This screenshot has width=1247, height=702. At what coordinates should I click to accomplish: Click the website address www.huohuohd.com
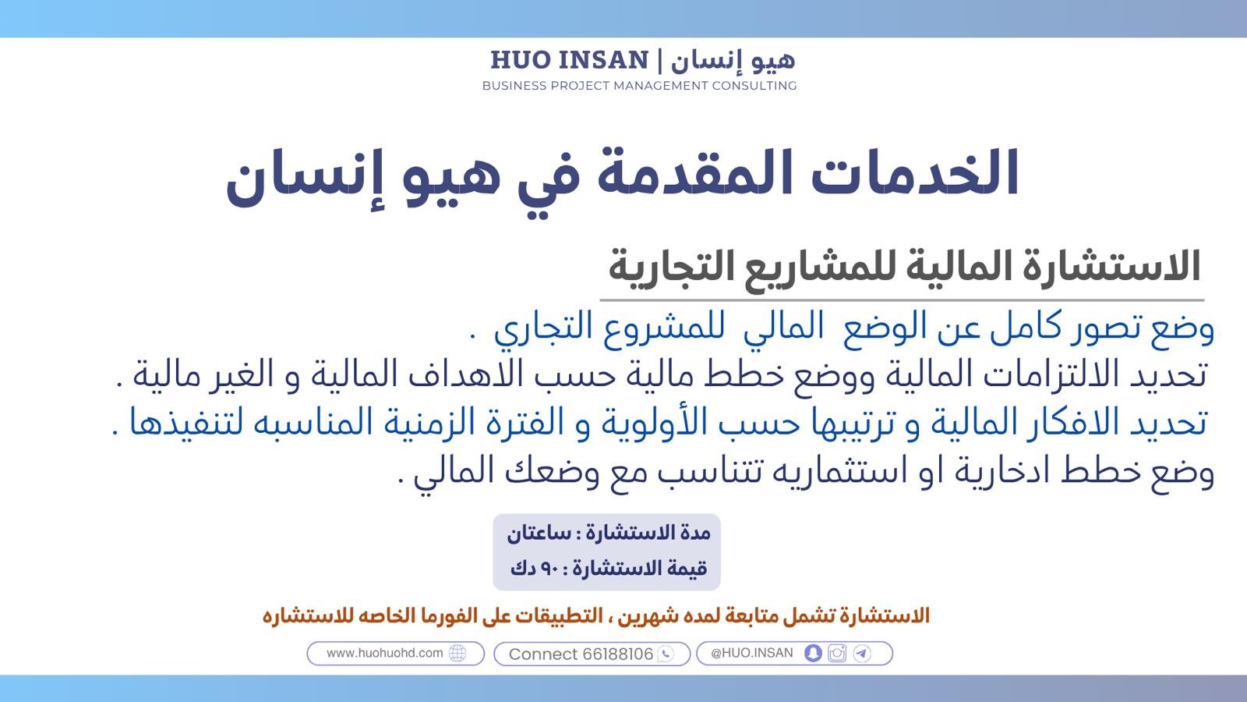coord(385,653)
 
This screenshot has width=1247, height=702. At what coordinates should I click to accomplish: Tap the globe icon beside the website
coord(457,654)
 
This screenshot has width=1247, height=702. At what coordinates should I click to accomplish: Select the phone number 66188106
coord(617,654)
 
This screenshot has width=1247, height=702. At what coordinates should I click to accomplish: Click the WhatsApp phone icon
coord(666,654)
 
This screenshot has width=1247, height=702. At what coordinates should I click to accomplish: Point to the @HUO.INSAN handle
coord(751,653)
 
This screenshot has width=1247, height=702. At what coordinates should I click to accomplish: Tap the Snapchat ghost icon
coord(813,654)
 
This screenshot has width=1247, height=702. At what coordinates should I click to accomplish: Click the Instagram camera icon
coord(837,654)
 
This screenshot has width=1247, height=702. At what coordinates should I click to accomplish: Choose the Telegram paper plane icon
coord(862,654)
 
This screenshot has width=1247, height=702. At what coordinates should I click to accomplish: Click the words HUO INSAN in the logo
coord(570,60)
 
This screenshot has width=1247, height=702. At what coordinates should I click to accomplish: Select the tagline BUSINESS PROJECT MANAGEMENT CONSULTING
coord(640,86)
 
